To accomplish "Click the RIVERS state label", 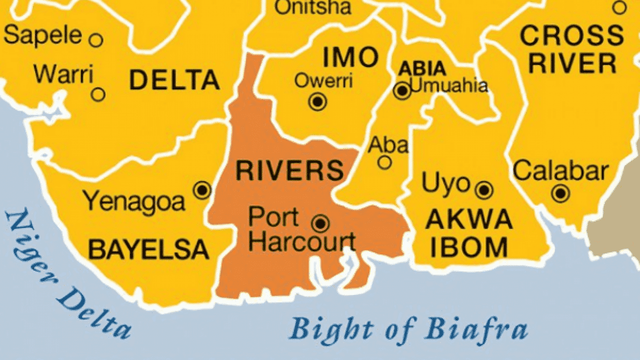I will (289, 171).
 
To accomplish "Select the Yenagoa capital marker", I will (202, 190).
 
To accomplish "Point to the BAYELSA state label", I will (148, 248).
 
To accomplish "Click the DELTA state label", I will (174, 80).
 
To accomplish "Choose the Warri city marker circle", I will (98, 94).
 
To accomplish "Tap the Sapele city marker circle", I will (95, 39).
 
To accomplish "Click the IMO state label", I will (350, 57).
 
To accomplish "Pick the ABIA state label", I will (422, 68).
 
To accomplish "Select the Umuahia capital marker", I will (402, 91).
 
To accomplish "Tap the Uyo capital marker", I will (484, 189).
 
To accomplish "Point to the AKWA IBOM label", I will (469, 233).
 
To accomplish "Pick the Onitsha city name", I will (313, 7).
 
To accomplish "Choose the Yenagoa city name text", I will (134, 200).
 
